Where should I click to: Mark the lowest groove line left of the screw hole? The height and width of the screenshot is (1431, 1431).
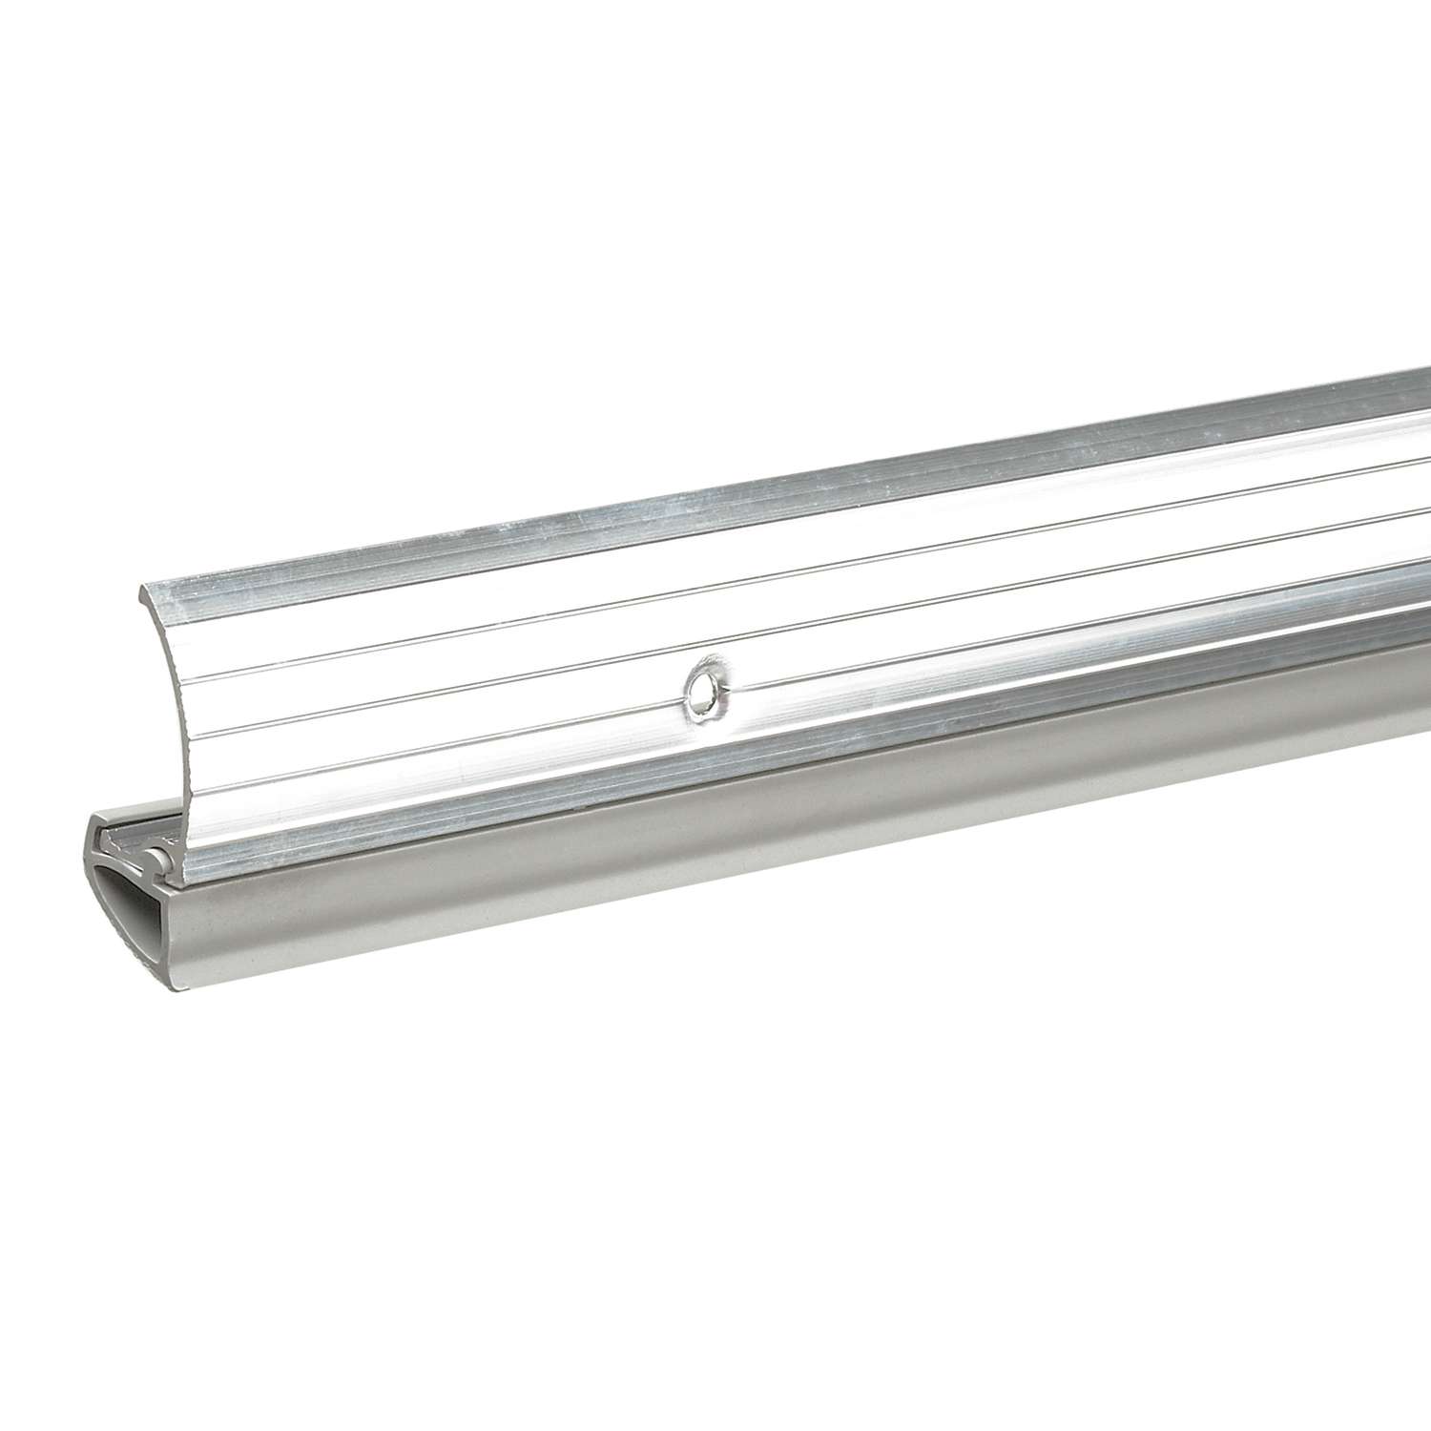coord(429,743)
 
